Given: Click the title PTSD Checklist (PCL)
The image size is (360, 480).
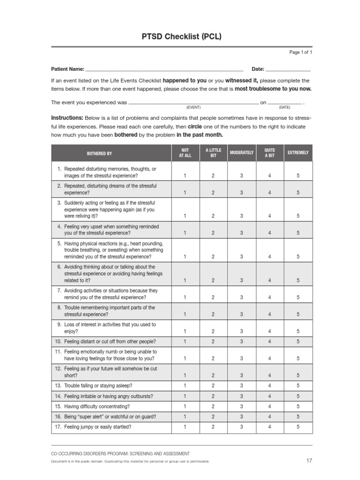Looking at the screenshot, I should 181,37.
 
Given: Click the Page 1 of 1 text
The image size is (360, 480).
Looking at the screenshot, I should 300,52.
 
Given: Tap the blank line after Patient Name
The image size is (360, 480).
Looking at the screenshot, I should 164,69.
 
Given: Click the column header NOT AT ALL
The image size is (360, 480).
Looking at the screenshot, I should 185,153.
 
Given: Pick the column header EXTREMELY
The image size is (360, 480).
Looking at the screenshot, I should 298,153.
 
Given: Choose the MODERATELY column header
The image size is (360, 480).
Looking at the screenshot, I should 241,153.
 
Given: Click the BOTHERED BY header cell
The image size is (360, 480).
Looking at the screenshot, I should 99,153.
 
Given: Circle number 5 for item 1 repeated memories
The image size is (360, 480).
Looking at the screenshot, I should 298,176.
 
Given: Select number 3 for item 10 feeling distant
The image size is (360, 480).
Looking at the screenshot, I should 241,341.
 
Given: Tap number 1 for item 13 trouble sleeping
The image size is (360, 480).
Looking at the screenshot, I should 185,386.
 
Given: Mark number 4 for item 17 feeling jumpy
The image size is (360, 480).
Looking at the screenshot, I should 270,427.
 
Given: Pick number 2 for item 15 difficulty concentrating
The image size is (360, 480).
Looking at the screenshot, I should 213,406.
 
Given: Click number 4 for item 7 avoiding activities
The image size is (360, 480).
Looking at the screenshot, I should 270,297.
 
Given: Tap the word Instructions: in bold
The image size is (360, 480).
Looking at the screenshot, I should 67,118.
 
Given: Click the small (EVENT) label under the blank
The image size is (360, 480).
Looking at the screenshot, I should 193,107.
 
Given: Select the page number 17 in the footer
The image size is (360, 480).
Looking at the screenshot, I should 308,461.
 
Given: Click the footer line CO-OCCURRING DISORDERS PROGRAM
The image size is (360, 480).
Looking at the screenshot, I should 120,454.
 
